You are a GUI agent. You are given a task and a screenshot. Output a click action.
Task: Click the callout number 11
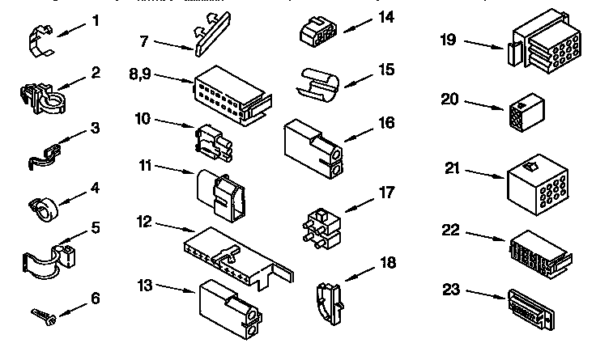146,167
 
